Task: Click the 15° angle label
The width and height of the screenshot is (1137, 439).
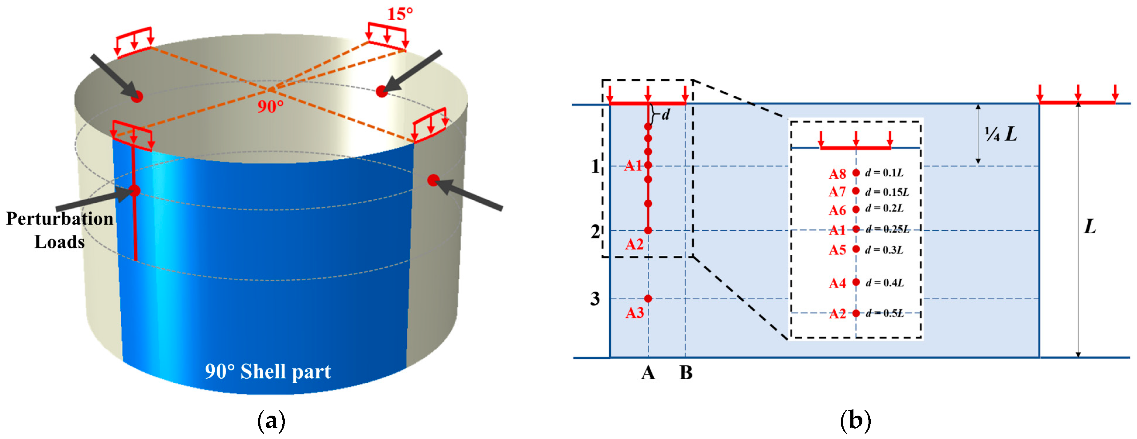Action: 400,14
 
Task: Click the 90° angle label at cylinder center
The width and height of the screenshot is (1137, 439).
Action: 270,106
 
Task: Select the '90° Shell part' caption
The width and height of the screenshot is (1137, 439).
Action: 268,372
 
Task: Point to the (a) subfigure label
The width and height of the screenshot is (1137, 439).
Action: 271,421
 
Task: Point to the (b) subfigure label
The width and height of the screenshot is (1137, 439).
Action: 855,421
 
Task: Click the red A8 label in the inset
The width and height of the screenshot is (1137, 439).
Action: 837,174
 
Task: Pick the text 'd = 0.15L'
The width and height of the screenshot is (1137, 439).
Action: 887,192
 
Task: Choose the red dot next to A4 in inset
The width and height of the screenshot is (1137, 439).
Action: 856,282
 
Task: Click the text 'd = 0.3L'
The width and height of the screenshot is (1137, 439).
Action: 884,250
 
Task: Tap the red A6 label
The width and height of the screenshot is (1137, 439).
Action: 837,210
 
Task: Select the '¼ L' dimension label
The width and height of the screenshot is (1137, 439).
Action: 1001,134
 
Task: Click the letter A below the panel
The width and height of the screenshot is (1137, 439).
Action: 648,373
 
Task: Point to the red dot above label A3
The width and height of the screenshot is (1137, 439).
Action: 648,299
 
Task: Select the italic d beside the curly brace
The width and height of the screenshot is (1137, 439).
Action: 666,115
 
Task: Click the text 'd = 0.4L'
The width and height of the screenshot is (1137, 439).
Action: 885,282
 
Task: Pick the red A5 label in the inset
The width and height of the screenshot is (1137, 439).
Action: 837,250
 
